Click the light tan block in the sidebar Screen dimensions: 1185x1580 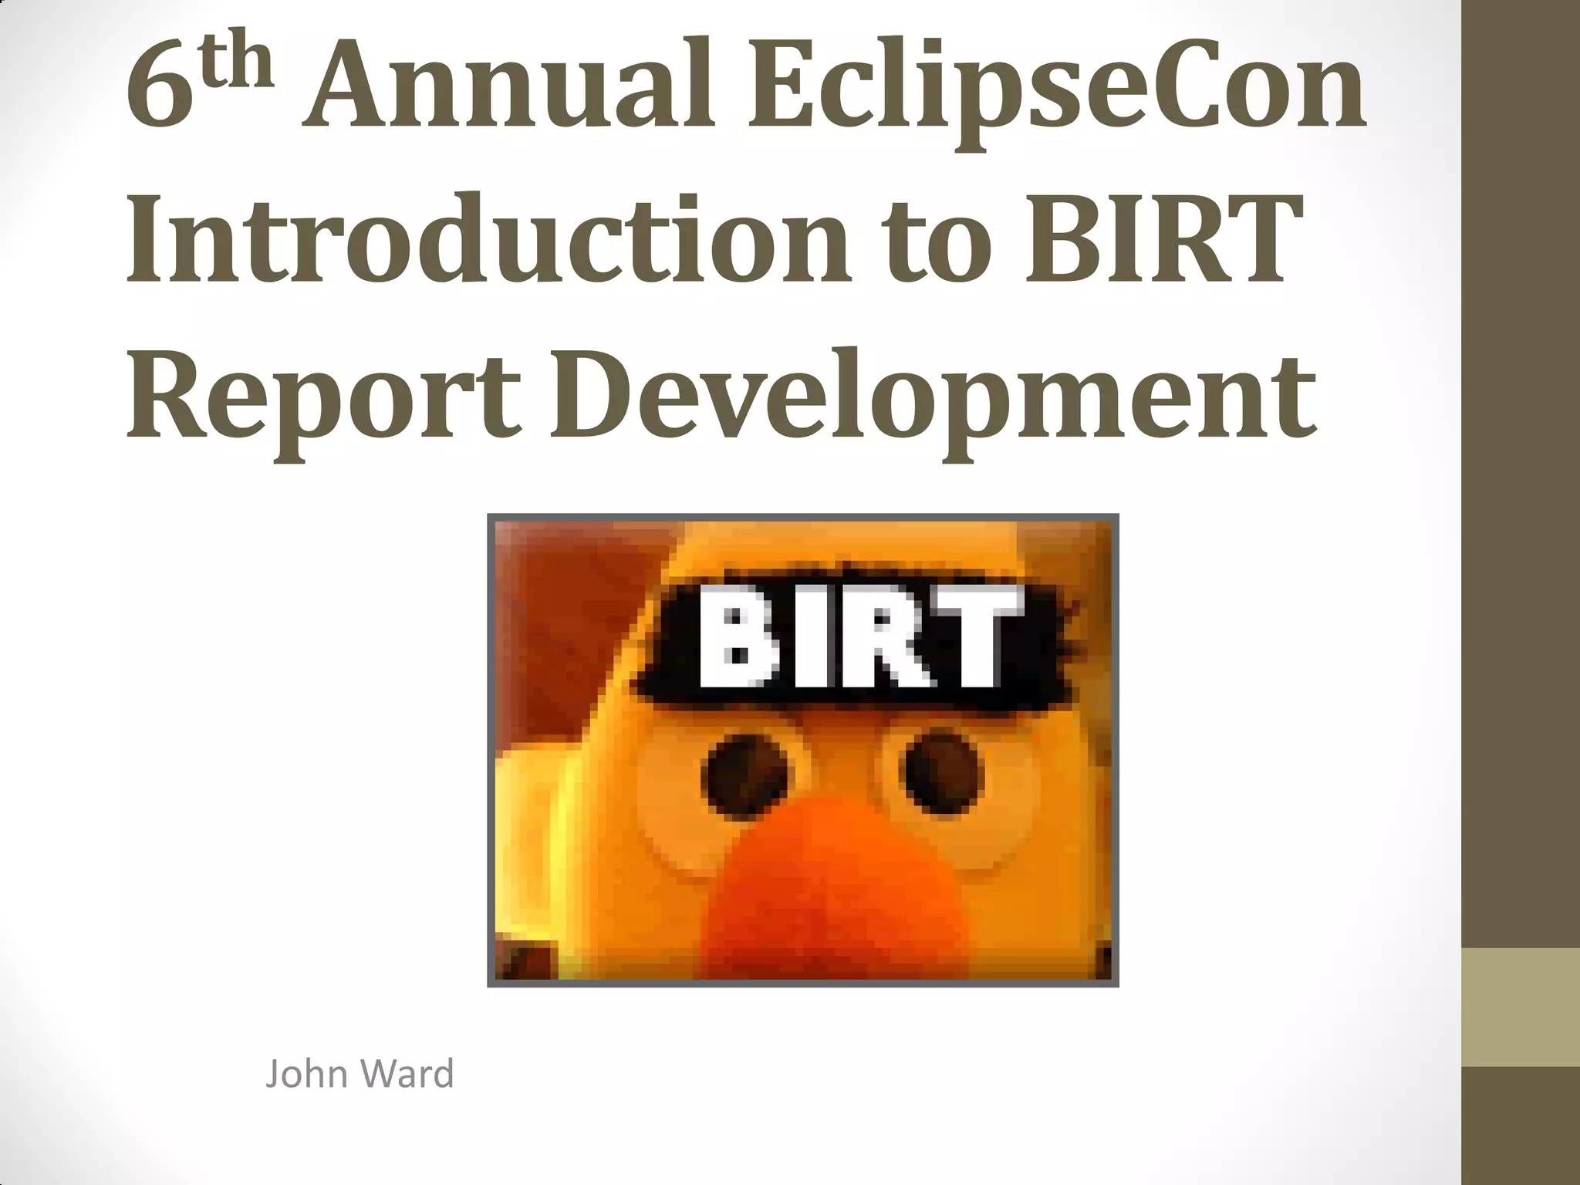pyautogui.click(x=1521, y=1007)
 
